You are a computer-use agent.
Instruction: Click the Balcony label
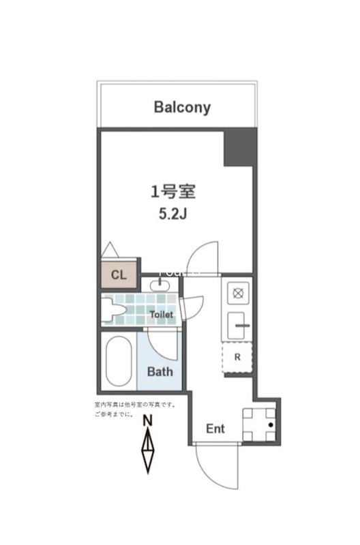182,107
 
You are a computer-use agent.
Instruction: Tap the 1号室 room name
173,191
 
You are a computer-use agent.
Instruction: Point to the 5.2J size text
173,213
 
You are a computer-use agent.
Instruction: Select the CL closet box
119,275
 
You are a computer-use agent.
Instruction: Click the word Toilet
162,315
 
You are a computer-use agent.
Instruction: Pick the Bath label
160,372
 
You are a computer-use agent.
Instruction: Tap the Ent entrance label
215,429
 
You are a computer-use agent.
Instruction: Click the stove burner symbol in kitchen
238,294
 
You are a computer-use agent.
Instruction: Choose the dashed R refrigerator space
237,356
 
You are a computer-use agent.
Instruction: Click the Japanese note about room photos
134,409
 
